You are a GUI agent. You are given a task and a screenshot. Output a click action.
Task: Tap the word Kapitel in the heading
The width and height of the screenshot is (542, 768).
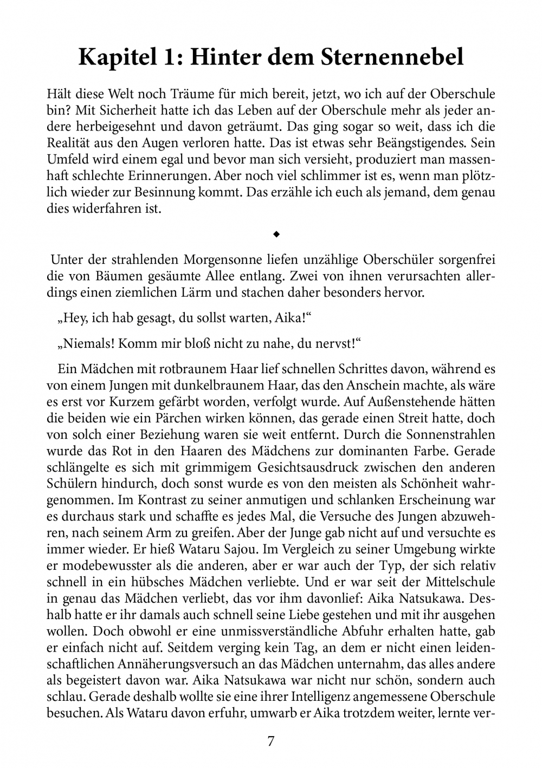coord(113,57)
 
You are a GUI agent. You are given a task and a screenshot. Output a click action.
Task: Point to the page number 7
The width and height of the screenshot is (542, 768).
coord(271,741)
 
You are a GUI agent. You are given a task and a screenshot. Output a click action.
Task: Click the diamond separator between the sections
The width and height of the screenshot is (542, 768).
coord(276,235)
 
